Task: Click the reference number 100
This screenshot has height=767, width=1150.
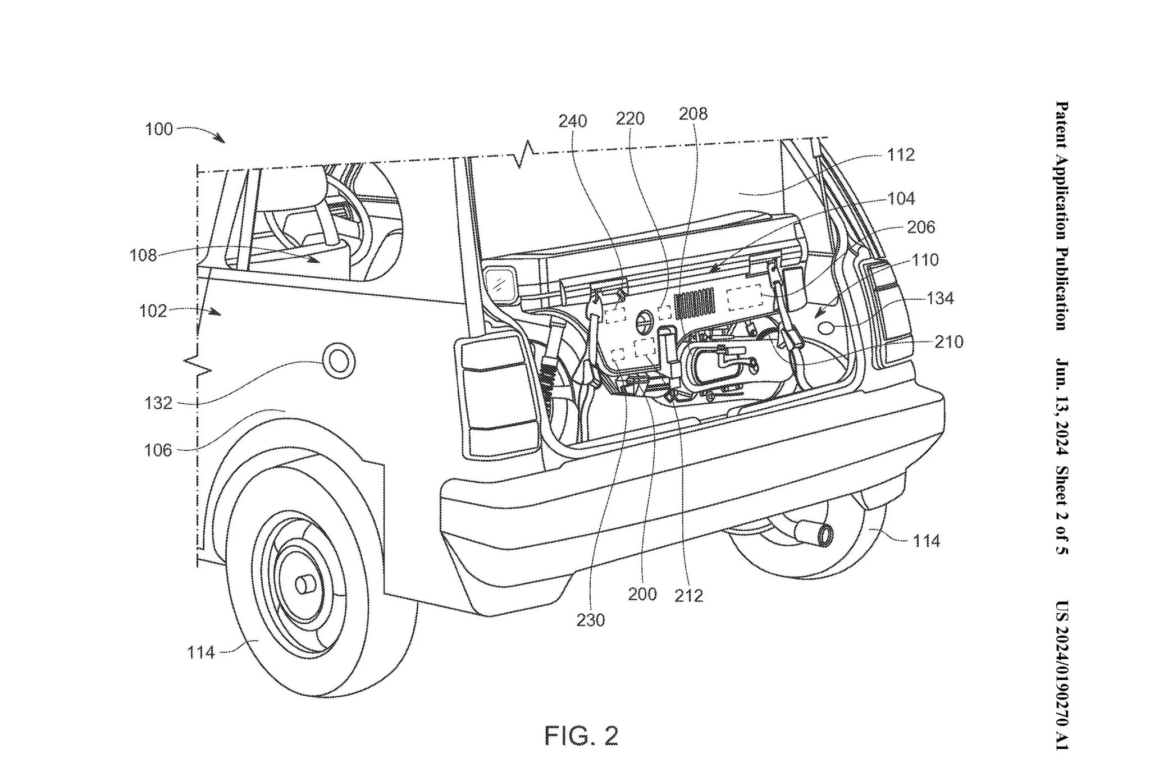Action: click(159, 129)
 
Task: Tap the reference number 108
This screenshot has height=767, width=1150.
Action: click(144, 255)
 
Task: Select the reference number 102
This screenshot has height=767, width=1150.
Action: click(153, 311)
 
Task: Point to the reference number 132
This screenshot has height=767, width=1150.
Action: click(158, 403)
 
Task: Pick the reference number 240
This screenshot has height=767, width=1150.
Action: click(573, 121)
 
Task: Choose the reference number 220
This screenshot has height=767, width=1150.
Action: click(631, 118)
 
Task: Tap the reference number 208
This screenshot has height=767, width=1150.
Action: click(693, 113)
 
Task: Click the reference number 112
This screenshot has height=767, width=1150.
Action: click(901, 154)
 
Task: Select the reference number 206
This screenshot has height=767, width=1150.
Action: click(921, 227)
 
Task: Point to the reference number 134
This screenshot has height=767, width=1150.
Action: click(939, 298)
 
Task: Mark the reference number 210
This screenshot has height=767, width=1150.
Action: click(949, 341)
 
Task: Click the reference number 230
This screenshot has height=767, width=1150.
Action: click(591, 620)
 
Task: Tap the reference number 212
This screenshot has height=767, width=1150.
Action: click(689, 595)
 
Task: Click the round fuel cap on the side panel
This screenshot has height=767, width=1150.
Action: click(339, 361)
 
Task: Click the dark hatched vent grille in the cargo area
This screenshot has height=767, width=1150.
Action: click(696, 304)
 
